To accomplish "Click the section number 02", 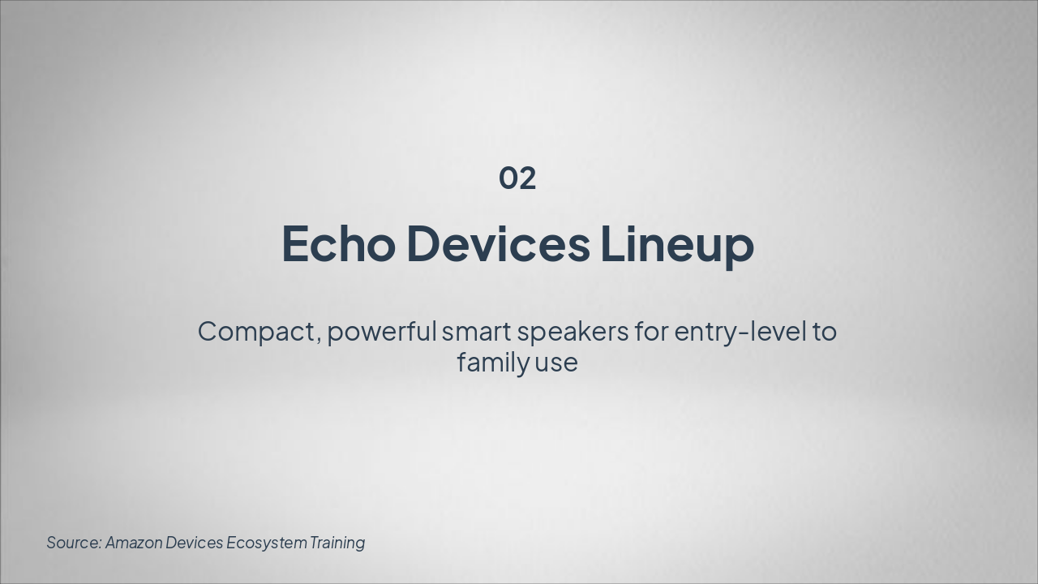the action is (x=517, y=178).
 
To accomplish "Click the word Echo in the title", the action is (x=339, y=244).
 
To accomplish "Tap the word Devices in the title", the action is (x=499, y=244).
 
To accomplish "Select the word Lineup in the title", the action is (x=677, y=246).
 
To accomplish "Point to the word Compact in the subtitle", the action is (x=256, y=333).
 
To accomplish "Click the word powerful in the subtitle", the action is (x=382, y=333).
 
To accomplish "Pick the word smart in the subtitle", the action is (x=476, y=333).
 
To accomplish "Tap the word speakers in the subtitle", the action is (x=573, y=333).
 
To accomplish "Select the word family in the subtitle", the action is (x=493, y=363).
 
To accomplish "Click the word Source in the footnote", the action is (x=72, y=543).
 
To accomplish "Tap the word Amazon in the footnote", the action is (x=134, y=543).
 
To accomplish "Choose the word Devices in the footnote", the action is (x=194, y=543).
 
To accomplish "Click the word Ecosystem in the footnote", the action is (x=267, y=543).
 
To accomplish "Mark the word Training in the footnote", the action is (x=337, y=543).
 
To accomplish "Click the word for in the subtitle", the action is (x=651, y=332).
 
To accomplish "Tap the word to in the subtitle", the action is (x=825, y=333).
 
